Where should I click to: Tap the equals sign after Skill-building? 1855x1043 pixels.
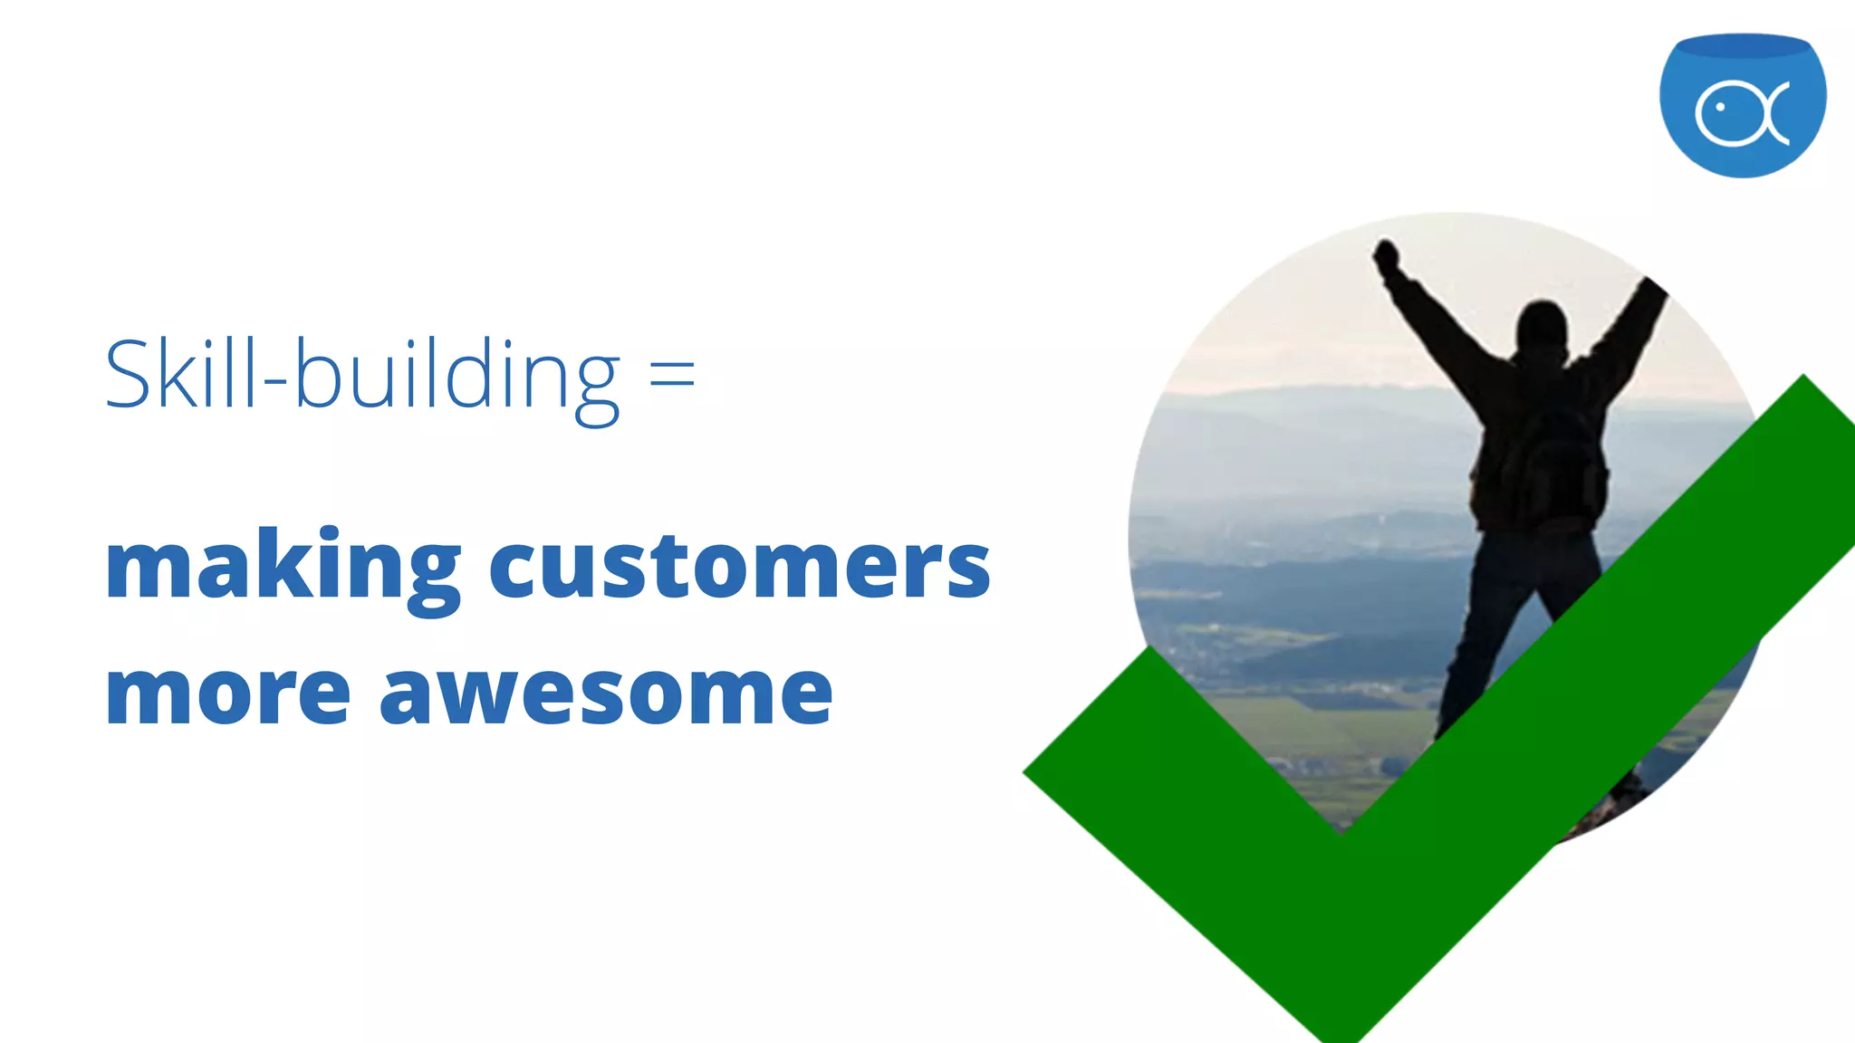tap(672, 373)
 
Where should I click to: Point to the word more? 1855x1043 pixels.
tap(227, 693)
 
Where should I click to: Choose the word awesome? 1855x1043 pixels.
tap(605, 693)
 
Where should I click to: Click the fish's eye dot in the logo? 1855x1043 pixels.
tap(1720, 108)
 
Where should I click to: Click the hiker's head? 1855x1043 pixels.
tap(1542, 324)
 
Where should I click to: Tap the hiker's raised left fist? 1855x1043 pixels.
tap(1385, 253)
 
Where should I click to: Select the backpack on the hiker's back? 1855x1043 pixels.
tap(1551, 462)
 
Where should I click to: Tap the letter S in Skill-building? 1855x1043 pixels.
tap(128, 373)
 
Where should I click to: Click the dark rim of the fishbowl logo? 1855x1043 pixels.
tap(1742, 45)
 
